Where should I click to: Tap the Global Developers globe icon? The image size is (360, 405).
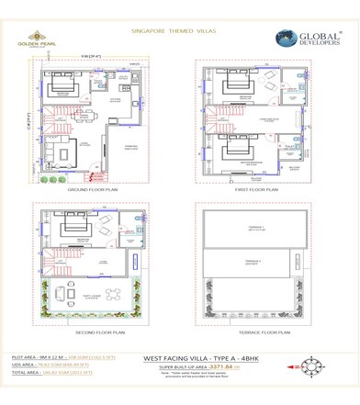click(288, 39)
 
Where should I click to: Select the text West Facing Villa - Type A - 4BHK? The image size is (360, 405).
click(201, 358)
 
